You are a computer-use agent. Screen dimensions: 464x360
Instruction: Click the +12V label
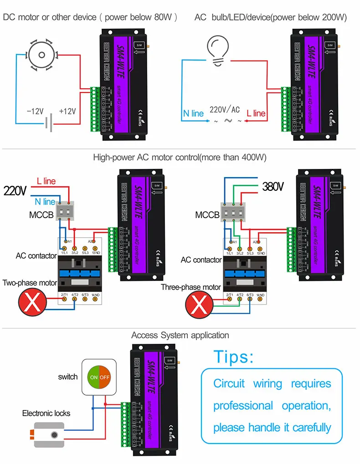point(67,111)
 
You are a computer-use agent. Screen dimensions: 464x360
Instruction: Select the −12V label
point(35,111)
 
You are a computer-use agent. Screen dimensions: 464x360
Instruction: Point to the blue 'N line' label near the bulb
point(193,113)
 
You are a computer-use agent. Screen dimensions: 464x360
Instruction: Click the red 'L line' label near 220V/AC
point(256,113)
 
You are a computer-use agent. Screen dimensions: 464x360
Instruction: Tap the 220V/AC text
point(224,109)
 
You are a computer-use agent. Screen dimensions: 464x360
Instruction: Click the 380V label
point(273,187)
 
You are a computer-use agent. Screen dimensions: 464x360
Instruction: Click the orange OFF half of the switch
point(105,377)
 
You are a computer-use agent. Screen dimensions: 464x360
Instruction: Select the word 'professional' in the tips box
point(243,406)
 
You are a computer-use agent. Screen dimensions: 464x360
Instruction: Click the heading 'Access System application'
point(180,336)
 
